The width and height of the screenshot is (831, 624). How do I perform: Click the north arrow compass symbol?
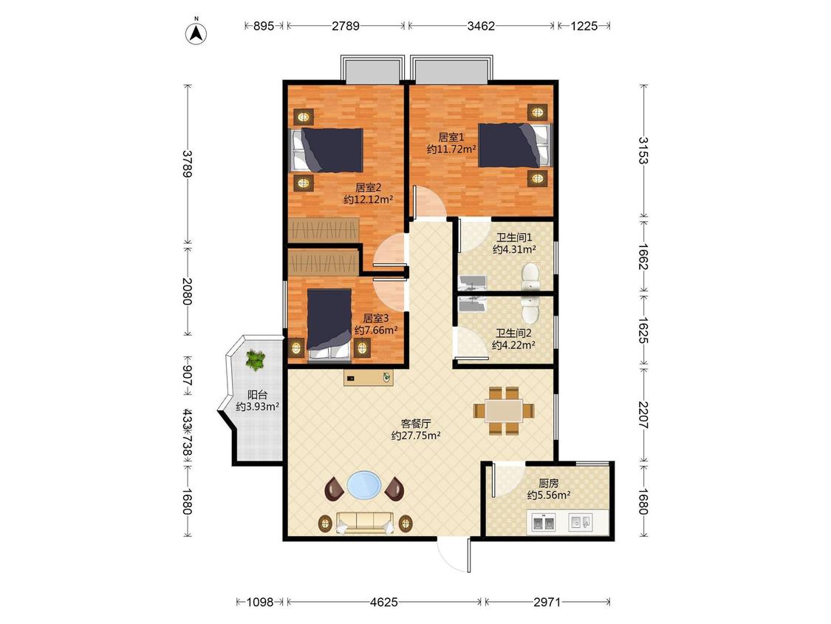(x=196, y=33)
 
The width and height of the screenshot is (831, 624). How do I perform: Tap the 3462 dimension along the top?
(x=481, y=25)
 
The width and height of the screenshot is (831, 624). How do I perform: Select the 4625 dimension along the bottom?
(x=383, y=602)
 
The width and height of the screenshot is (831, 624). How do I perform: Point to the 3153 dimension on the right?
(x=643, y=151)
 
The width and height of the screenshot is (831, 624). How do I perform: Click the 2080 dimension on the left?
(x=187, y=291)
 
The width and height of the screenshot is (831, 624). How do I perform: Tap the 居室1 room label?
(x=451, y=138)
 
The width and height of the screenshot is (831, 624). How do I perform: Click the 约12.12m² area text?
(x=369, y=200)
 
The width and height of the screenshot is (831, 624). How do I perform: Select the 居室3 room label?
(x=376, y=319)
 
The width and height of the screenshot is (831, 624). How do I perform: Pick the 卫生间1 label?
(x=514, y=237)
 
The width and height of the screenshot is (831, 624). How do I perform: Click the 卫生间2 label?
(x=513, y=333)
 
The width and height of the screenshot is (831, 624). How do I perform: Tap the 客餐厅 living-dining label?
(x=416, y=424)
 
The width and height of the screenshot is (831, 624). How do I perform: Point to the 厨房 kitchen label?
(x=549, y=484)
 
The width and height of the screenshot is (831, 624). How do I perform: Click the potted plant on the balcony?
(x=256, y=360)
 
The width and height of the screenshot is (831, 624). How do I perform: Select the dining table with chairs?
(x=504, y=410)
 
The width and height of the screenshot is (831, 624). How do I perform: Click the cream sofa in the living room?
(x=365, y=523)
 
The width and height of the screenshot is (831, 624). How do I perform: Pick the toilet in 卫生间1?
(x=530, y=277)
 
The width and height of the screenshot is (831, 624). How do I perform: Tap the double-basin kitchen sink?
(x=543, y=523)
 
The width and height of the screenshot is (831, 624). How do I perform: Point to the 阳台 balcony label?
(x=258, y=395)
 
